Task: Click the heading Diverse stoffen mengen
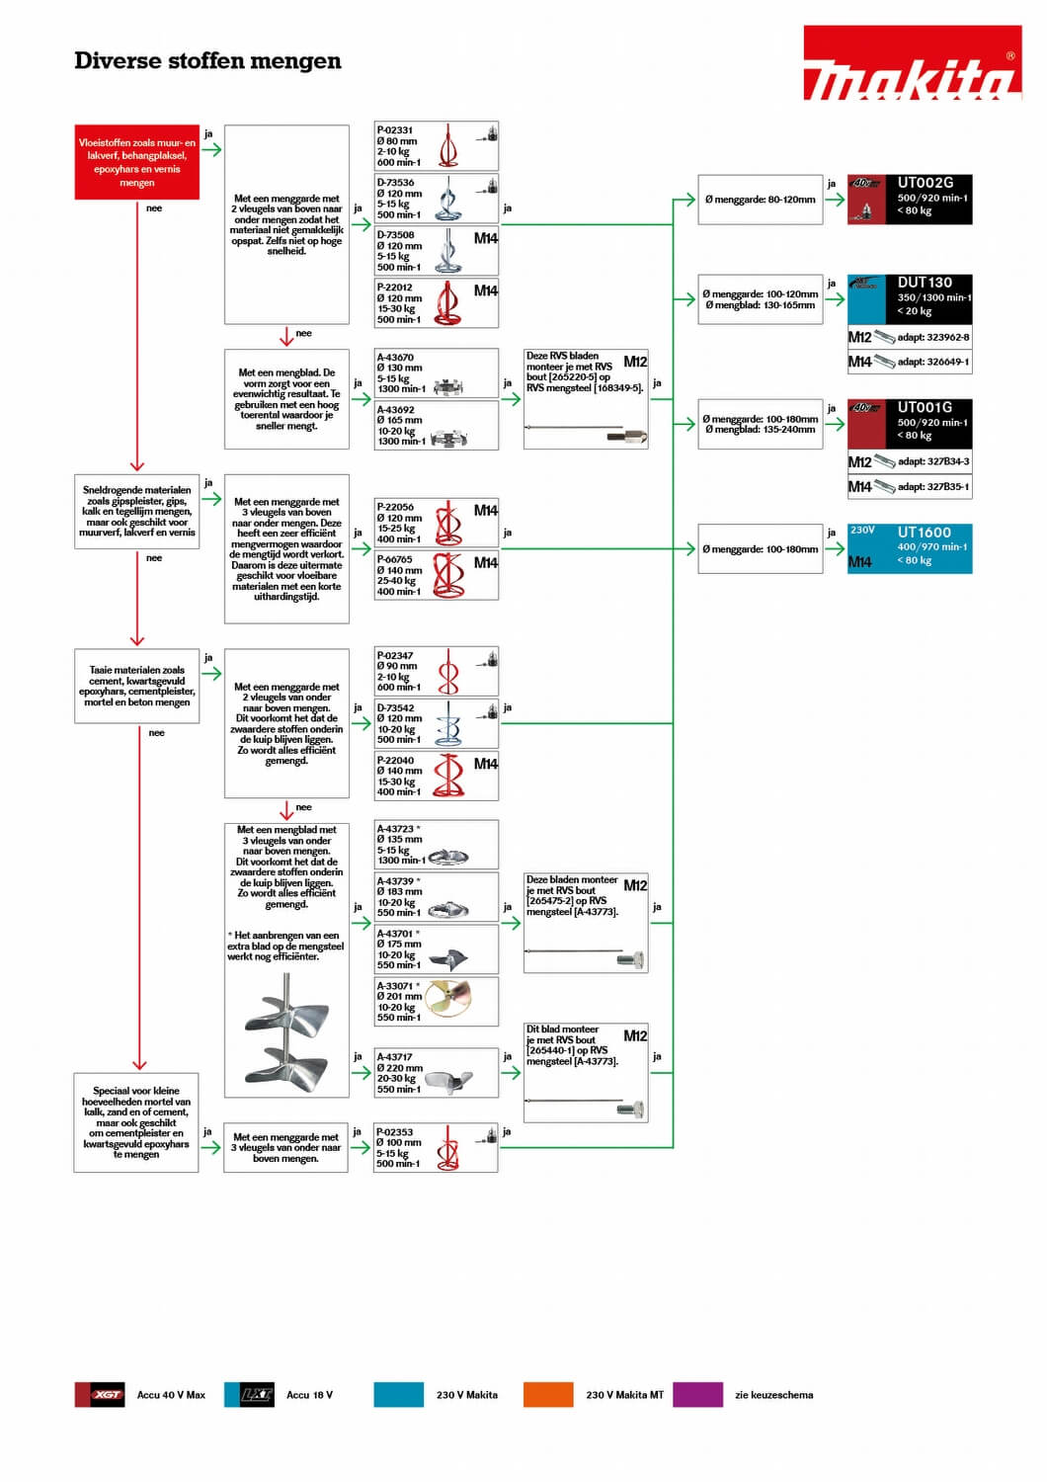[207, 60]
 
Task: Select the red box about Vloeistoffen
[137, 162]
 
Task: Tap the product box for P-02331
[436, 146]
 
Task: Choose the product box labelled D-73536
[436, 199]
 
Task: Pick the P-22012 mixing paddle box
[436, 303]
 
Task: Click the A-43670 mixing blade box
[436, 373]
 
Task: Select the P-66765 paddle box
[436, 575]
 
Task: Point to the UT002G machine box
[910, 200]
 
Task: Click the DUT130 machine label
[925, 283]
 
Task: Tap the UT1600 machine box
[910, 548]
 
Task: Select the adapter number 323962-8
[932, 337]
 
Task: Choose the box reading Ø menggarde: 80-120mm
[761, 200]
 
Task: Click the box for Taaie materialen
[137, 686]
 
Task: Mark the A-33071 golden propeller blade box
[436, 1001]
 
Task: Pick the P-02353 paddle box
[436, 1147]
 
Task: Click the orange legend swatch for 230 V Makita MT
[548, 1394]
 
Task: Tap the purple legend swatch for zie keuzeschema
[697, 1394]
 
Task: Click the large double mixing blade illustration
[286, 1032]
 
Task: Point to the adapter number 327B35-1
[932, 486]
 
